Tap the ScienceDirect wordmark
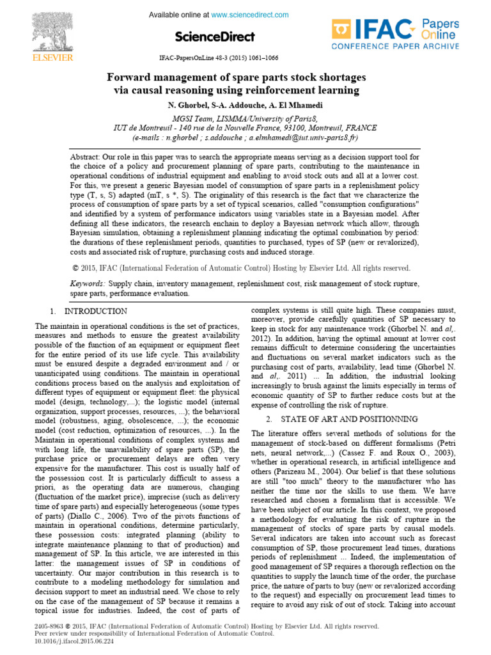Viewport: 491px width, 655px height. point(214,36)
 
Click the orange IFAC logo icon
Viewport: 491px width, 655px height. point(342,31)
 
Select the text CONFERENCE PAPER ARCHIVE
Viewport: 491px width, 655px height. point(394,46)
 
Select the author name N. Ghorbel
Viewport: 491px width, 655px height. point(183,104)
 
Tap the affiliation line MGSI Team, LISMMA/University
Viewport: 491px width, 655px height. point(236,118)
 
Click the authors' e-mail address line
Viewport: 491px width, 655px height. point(245,138)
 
